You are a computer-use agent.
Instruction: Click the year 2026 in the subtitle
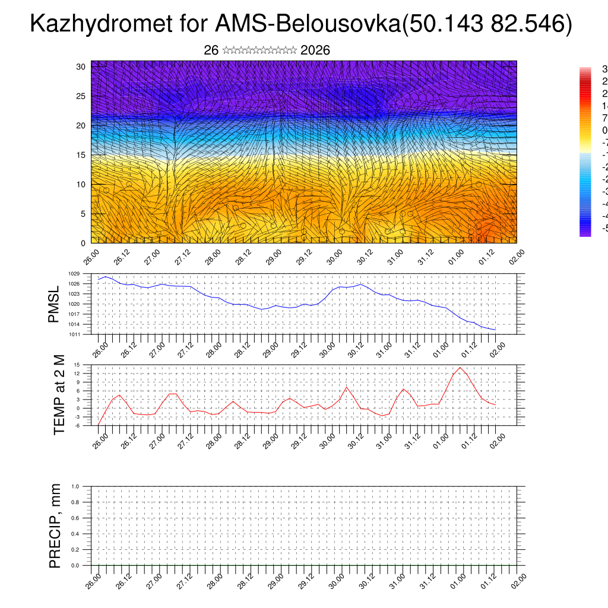[315, 50]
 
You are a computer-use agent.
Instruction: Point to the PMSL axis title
[54, 303]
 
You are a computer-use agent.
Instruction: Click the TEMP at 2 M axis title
[59, 395]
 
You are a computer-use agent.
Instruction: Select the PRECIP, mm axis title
[55, 525]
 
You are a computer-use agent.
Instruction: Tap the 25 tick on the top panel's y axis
[81, 96]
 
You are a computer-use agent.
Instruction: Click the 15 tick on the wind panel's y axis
[81, 155]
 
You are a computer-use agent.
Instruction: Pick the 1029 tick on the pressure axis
[74, 274]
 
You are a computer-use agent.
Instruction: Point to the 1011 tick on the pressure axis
[74, 334]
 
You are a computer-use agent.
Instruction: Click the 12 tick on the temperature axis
[77, 373]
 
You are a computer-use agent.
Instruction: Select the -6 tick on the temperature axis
[77, 425]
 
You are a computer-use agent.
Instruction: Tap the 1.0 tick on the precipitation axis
[75, 486]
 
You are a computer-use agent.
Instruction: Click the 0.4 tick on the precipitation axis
[75, 534]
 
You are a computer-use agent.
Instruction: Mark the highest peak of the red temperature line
[460, 368]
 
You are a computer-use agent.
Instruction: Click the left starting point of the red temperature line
[98, 425]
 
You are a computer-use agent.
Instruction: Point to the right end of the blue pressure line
[495, 330]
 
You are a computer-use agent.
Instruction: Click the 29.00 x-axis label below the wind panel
[273, 258]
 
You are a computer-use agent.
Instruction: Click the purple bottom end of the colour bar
[585, 233]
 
